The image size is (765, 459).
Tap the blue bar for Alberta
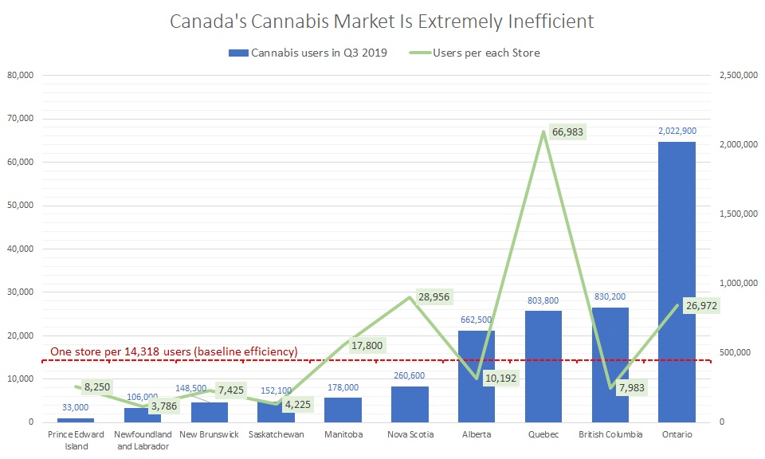(x=477, y=375)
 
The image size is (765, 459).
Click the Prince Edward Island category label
(x=76, y=440)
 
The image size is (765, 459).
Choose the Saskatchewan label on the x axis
(x=276, y=434)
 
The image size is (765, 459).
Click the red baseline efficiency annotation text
(x=174, y=351)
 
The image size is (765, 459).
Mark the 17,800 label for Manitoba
(x=367, y=345)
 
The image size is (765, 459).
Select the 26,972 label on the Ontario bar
(x=702, y=306)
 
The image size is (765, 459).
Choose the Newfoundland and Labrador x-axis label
(x=143, y=440)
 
